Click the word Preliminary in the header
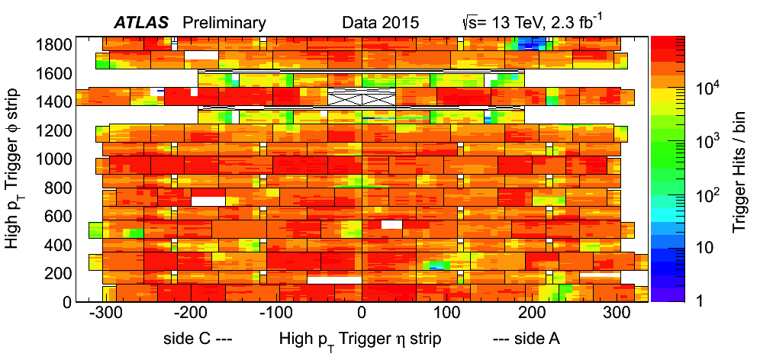pyautogui.click(x=224, y=23)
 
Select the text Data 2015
pyautogui.click(x=381, y=23)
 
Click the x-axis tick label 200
pyautogui.click(x=533, y=313)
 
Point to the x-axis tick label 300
pyautogui.click(x=619, y=313)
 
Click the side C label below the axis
pyautogui.click(x=197, y=337)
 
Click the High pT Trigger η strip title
pyautogui.click(x=360, y=338)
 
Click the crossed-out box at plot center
pyautogui.click(x=362, y=97)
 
